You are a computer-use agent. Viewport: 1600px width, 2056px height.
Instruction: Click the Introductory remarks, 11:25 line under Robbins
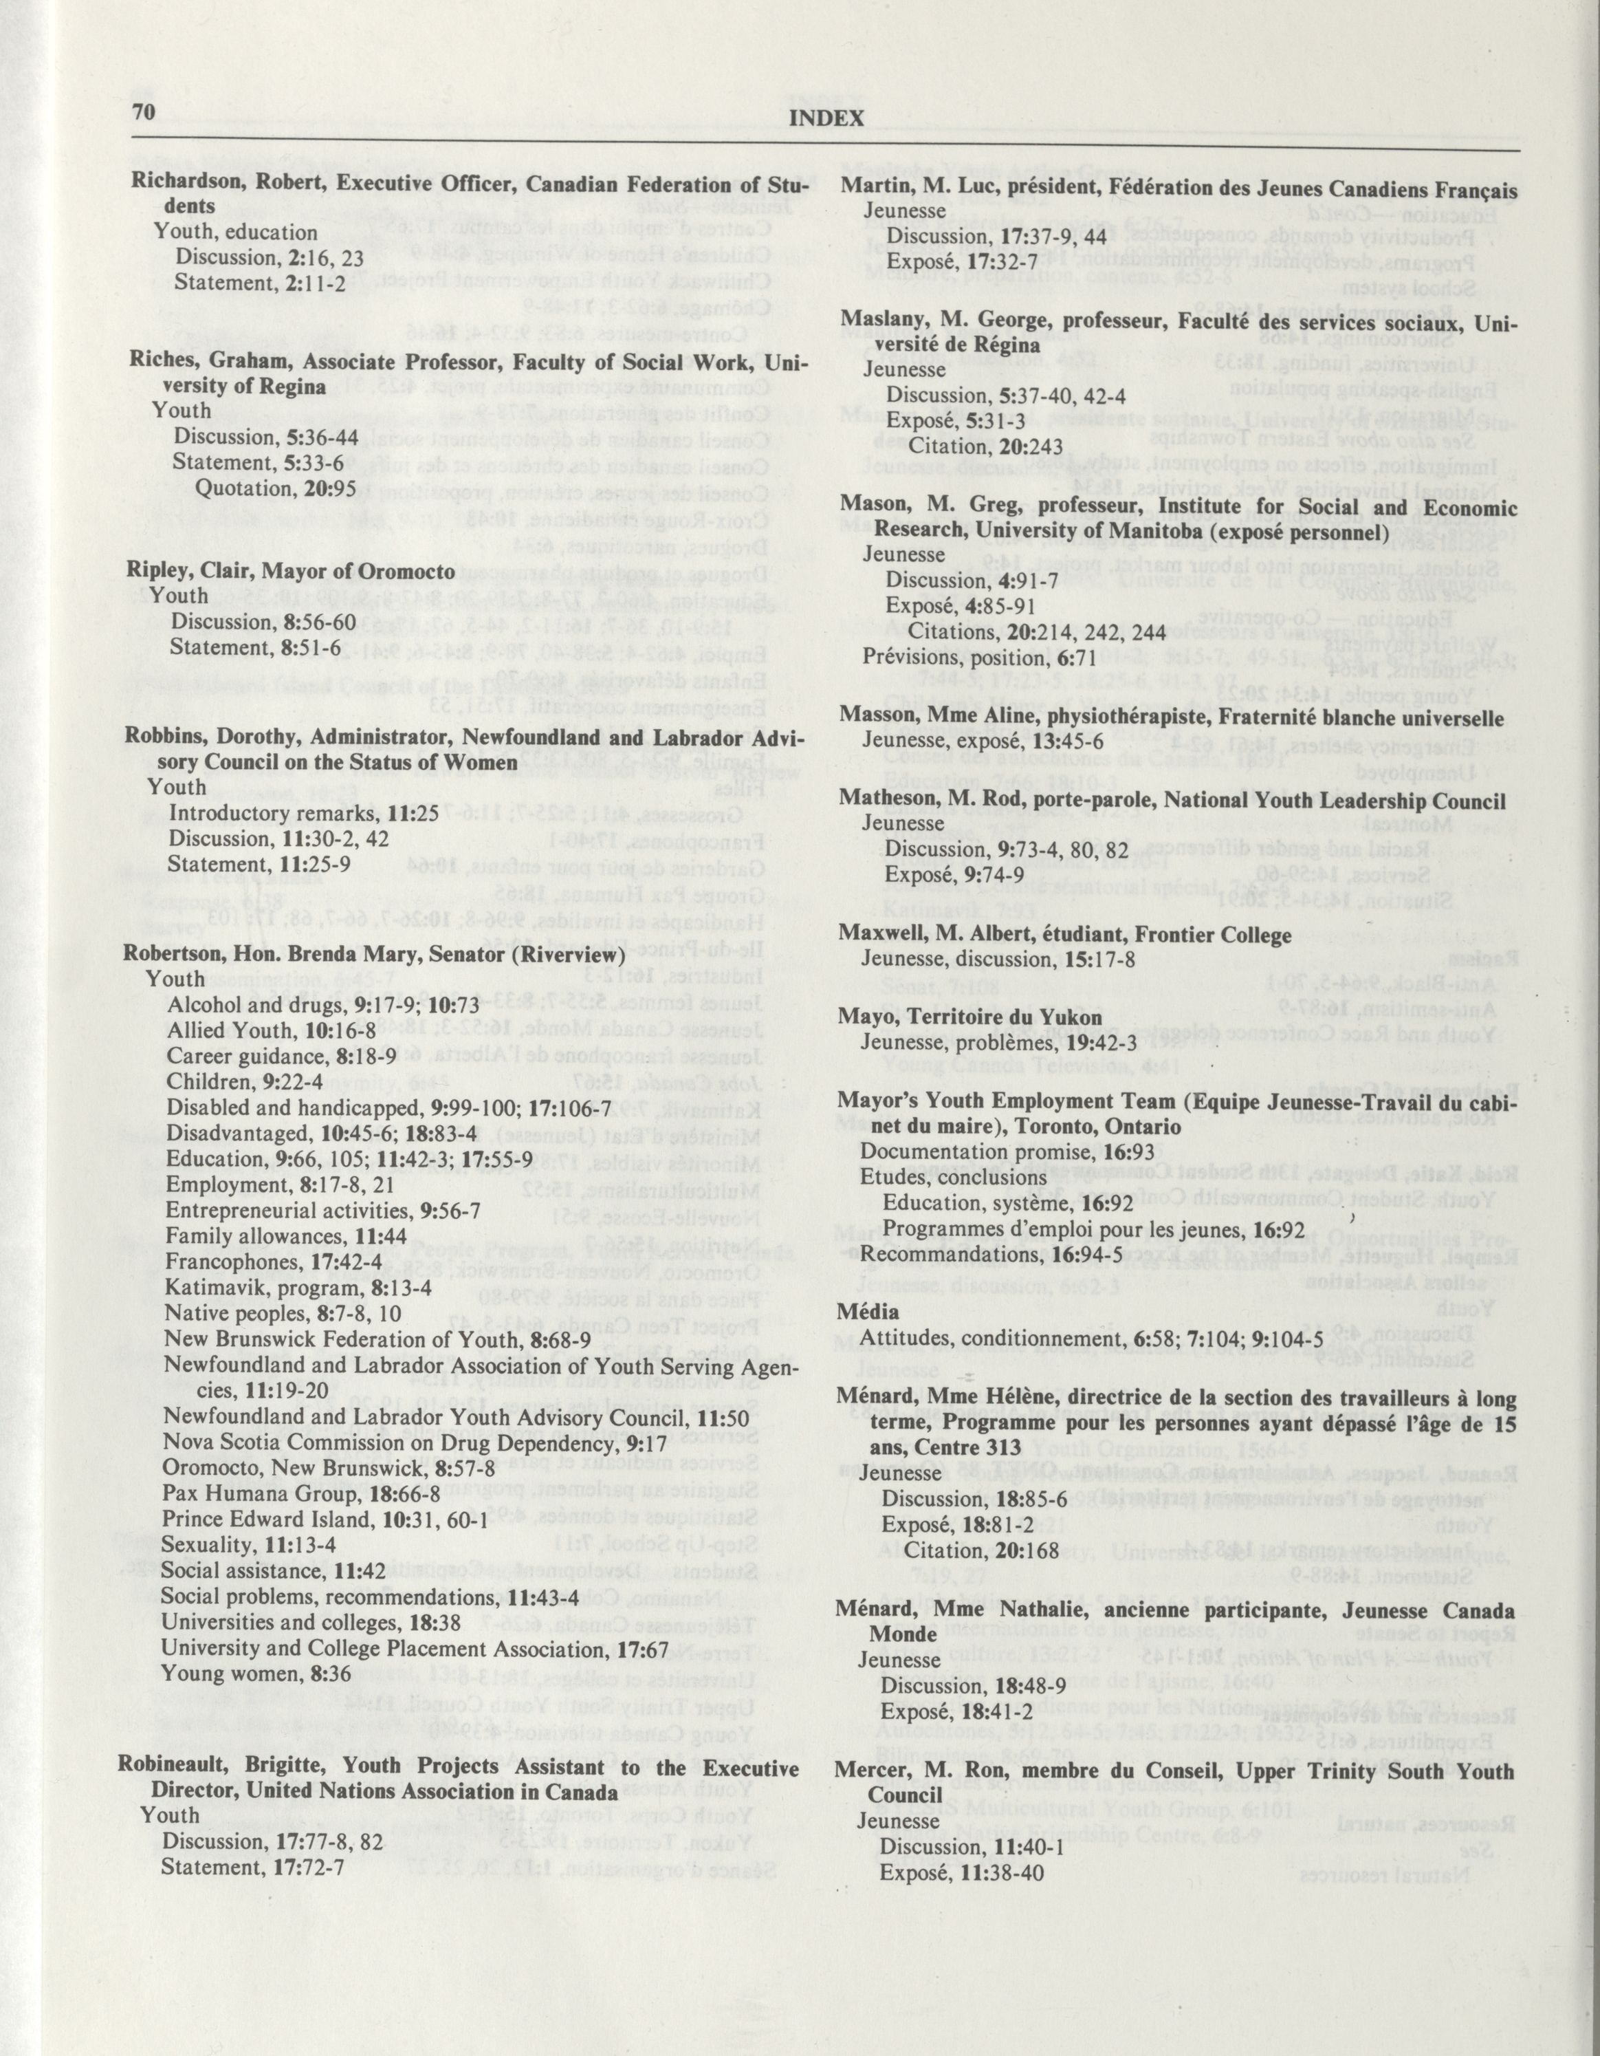(303, 812)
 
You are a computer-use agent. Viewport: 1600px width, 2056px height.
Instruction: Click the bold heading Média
(867, 1310)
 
